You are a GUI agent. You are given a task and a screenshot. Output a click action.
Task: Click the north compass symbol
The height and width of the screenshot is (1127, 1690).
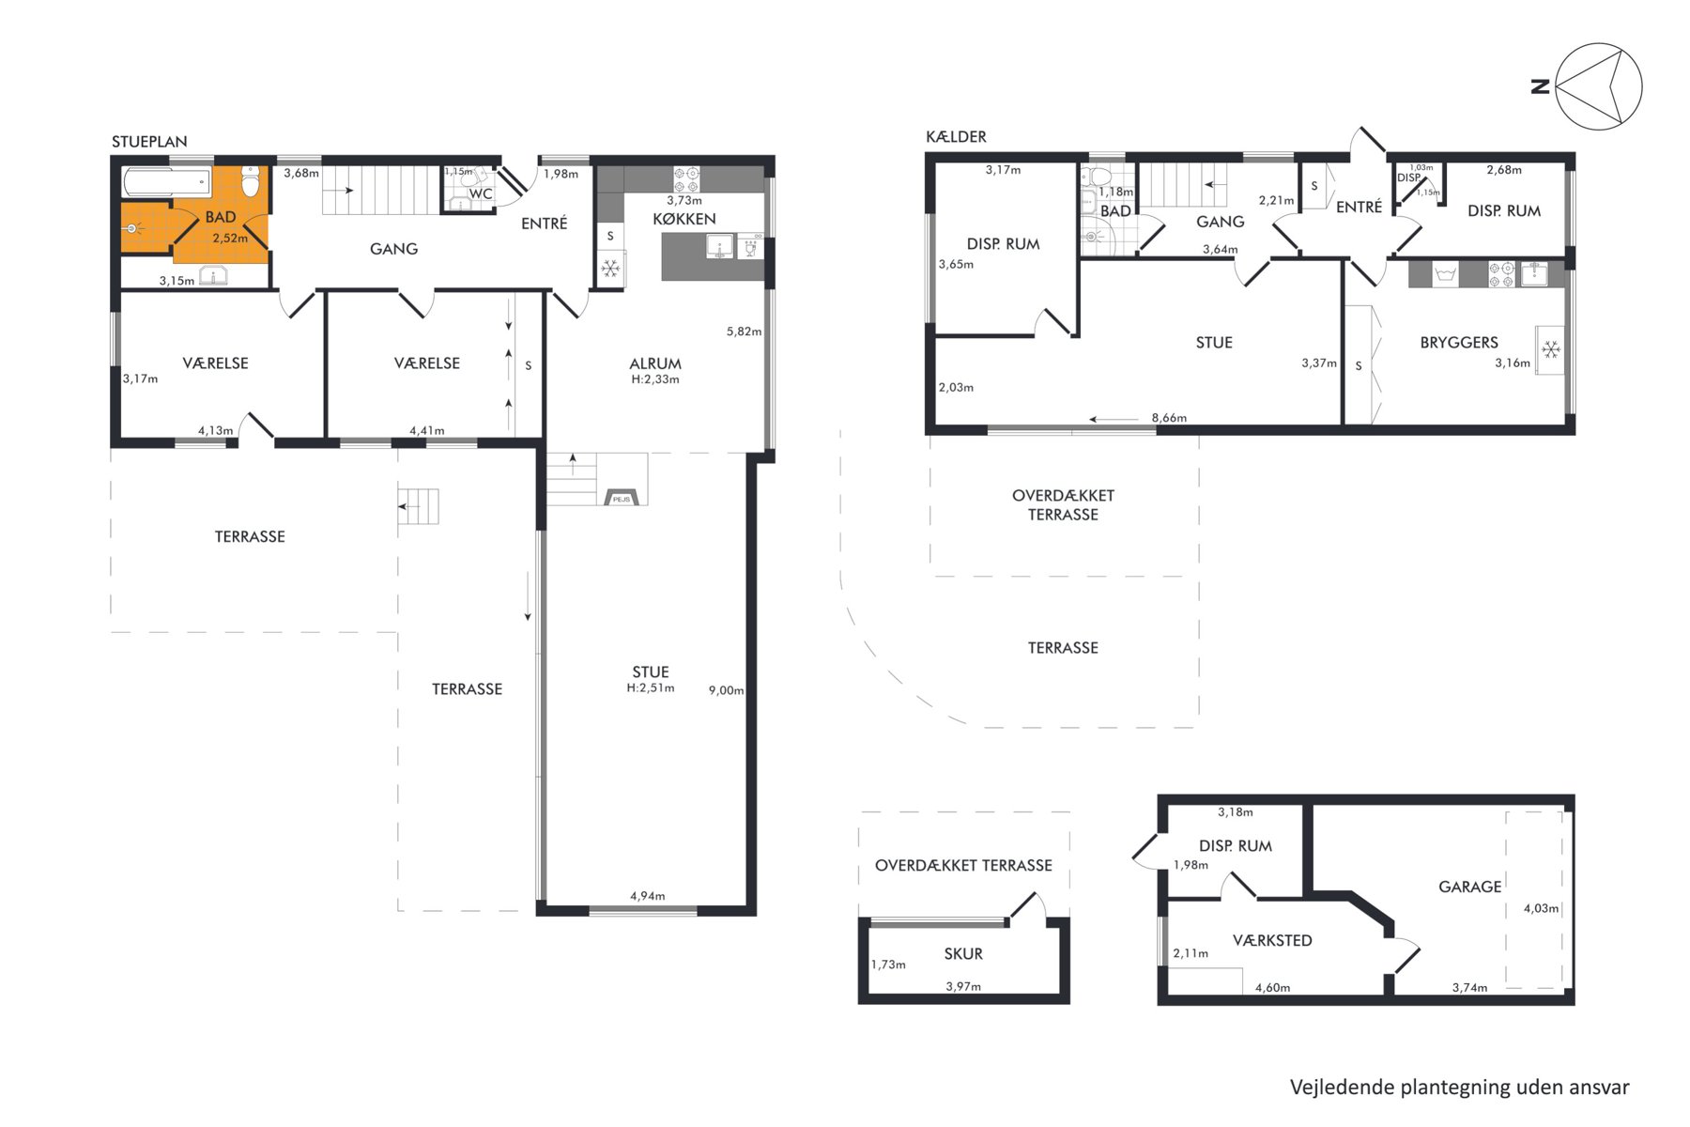pos(1598,86)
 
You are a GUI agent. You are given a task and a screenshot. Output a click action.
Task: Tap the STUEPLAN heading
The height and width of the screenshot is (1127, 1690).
pos(149,142)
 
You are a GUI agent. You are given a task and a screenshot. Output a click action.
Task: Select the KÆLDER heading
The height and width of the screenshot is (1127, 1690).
pos(956,137)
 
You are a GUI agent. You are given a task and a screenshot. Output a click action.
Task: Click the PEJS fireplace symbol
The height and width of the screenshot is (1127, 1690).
pos(622,498)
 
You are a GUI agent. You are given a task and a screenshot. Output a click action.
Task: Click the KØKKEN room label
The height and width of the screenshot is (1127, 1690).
pos(684,219)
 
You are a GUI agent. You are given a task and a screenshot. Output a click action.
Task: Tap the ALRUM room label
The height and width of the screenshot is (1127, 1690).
pos(655,363)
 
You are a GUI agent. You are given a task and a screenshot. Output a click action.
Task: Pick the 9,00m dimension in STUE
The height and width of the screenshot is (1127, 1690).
pos(726,690)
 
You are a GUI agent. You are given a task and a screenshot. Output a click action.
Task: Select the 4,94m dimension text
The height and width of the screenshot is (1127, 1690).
pos(648,896)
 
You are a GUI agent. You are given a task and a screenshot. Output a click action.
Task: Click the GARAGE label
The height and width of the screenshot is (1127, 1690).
pos(1470,887)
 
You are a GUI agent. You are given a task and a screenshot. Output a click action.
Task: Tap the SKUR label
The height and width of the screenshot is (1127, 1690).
pos(963,954)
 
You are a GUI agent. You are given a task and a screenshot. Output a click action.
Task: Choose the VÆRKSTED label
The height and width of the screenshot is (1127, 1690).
pos(1272,940)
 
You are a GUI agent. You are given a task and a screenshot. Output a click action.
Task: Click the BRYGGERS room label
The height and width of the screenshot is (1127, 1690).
pos(1459,343)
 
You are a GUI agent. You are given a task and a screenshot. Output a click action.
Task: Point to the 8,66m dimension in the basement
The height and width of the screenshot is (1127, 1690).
pos(1169,418)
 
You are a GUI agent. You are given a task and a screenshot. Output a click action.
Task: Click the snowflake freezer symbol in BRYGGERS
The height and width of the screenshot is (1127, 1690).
pos(1551,350)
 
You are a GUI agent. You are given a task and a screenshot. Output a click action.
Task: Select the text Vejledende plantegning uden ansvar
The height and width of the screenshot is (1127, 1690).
pos(1460,1087)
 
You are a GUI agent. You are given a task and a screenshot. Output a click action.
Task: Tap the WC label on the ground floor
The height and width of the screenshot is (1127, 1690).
pos(481,194)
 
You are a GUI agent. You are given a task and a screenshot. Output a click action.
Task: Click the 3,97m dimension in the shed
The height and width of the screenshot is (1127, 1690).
pos(963,986)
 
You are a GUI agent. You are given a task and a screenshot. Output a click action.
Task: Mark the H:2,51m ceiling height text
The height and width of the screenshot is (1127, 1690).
pos(651,687)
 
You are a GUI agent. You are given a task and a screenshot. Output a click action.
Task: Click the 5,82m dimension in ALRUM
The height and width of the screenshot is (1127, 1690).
pos(744,332)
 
